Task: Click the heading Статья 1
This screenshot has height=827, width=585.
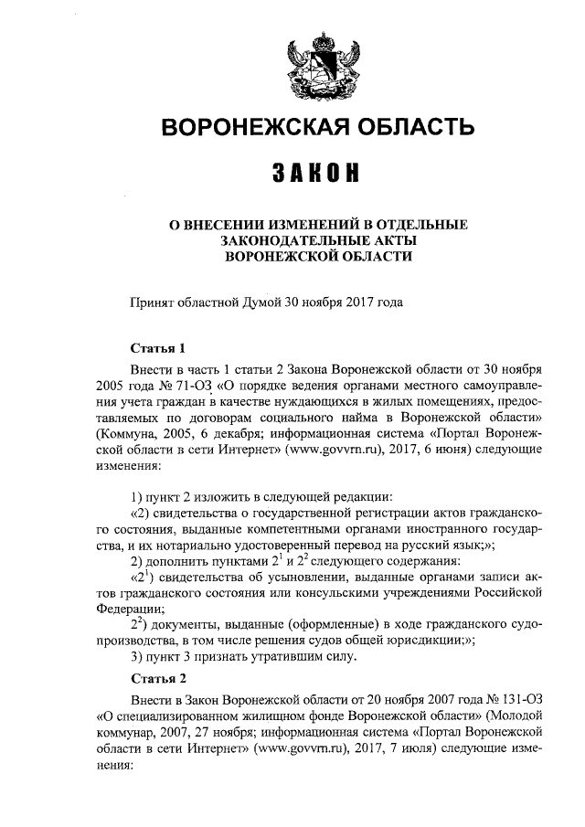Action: click(x=158, y=348)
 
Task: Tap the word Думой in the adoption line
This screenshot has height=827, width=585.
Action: click(x=261, y=301)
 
